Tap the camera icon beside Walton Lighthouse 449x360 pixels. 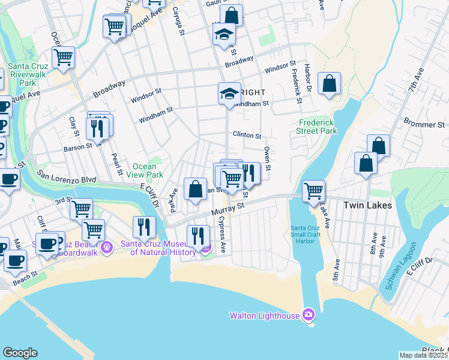pos(309,314)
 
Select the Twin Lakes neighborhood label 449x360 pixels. pos(367,205)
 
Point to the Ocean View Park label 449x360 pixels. pos(148,170)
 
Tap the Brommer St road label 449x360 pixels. pos(427,124)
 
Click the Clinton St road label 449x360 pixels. pos(247,136)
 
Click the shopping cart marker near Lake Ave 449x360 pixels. pos(313,191)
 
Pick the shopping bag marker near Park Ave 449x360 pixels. pos(195,190)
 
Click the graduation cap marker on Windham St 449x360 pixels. pos(229,94)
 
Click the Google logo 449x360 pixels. pos(20,353)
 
